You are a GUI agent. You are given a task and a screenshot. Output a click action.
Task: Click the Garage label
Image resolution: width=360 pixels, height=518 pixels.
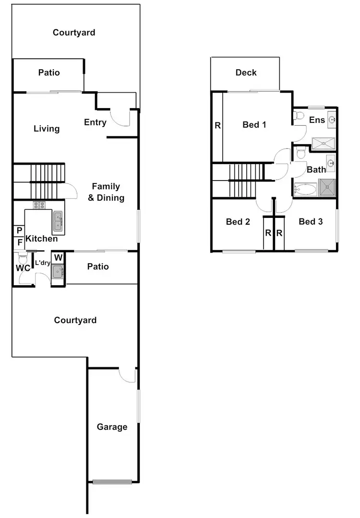coord(112,427)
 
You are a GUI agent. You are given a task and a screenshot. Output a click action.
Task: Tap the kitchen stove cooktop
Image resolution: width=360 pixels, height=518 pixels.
coord(39,205)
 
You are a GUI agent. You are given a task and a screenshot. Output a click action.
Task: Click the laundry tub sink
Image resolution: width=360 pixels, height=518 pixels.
coord(58,272)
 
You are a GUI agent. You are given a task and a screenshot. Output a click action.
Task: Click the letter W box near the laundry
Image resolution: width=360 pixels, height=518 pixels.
coord(58,257)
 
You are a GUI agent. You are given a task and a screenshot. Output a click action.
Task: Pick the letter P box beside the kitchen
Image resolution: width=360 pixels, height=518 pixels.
coord(19,231)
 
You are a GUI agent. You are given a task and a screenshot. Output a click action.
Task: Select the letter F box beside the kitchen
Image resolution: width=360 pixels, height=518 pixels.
coord(19,242)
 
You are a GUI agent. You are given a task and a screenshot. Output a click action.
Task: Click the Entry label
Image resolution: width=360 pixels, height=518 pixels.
coord(95,122)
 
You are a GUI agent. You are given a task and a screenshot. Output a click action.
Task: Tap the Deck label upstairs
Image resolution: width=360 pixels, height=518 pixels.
coord(246,72)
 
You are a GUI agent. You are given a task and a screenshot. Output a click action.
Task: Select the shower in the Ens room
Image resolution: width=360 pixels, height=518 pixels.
coord(324,142)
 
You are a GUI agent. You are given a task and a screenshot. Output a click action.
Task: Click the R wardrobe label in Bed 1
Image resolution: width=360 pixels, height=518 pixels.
coord(217,126)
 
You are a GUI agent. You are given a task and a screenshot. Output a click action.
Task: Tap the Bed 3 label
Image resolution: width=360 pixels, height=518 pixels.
coord(311,221)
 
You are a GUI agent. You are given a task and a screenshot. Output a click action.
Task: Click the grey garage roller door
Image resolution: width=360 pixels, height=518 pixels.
coord(112,482)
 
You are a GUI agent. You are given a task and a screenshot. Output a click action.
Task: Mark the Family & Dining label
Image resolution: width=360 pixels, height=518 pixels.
coord(106,192)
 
